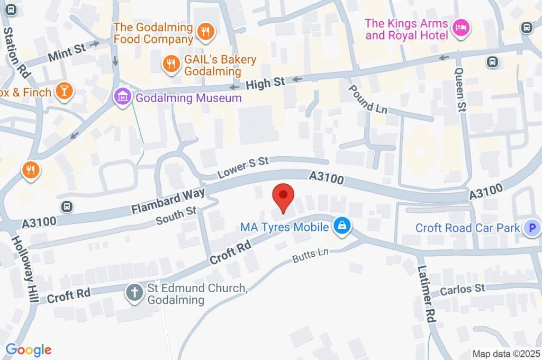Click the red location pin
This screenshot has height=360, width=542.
click(283, 197)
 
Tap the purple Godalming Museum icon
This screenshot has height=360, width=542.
click(123, 97)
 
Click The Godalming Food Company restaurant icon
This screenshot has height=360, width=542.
click(204, 32)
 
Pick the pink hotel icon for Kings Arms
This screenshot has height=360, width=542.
click(460, 29)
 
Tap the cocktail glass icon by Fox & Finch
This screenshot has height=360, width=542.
click(64, 91)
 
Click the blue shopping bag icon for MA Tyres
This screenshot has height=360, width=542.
click(342, 227)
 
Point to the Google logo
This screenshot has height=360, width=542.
click(28, 349)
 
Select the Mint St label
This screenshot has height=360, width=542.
click(66, 52)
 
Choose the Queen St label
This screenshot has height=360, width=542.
click(460, 90)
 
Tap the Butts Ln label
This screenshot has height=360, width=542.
click(311, 256)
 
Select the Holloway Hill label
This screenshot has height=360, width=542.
click(25, 269)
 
